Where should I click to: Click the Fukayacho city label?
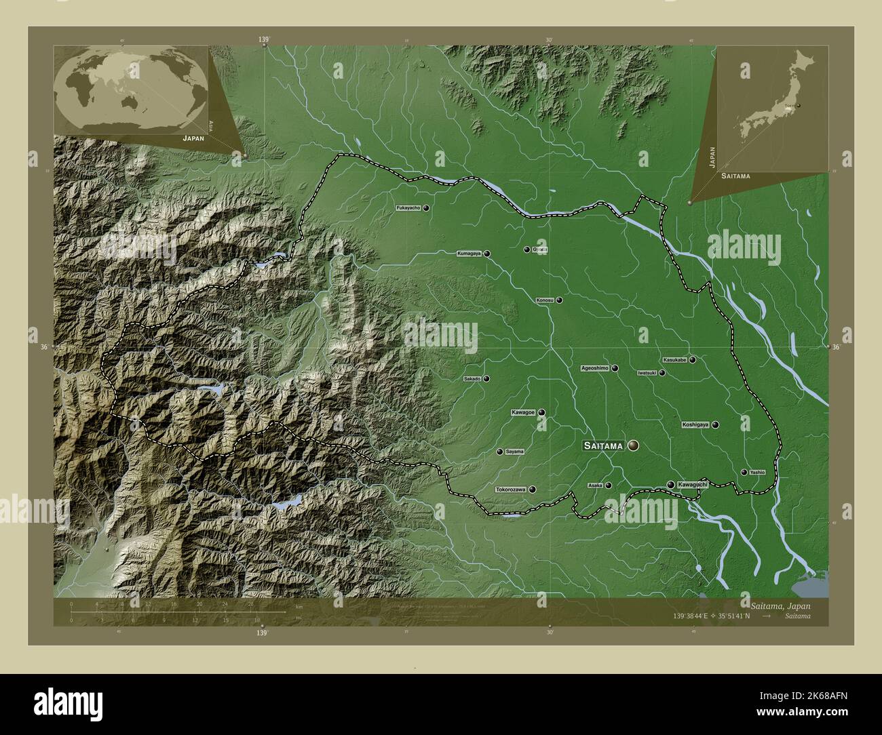tap(408, 208)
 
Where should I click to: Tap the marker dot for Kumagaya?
tap(487, 254)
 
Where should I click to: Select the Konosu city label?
tap(545, 300)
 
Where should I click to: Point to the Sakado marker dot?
tap(486, 379)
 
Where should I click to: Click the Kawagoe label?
tap(523, 412)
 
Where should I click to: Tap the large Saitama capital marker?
tap(634, 445)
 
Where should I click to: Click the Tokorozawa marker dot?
tap(533, 490)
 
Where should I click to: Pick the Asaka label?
tap(595, 485)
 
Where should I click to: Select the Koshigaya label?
tap(695, 425)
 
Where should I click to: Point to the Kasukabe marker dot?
tap(693, 360)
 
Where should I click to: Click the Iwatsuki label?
tap(647, 373)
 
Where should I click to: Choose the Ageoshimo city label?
tap(595, 368)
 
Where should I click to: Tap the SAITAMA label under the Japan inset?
tap(736, 176)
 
